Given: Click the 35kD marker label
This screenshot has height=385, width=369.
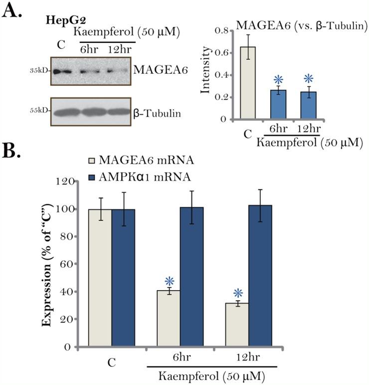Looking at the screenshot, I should click(x=40, y=70).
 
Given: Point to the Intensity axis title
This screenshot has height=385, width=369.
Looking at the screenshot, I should click(x=205, y=75).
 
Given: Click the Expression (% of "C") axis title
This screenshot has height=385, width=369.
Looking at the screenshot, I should click(x=48, y=263).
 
